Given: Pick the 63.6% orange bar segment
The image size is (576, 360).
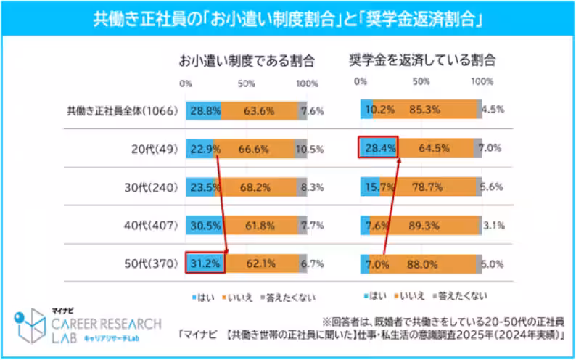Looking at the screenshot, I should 259,110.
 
